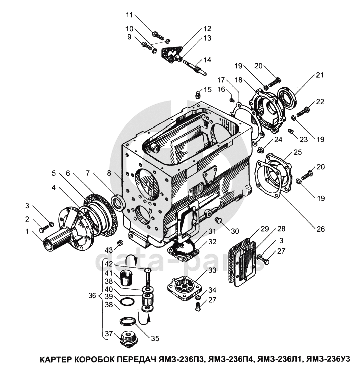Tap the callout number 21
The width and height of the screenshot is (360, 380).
pyautogui.click(x=319, y=75)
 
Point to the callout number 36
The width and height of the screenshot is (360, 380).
pyautogui.click(x=92, y=296)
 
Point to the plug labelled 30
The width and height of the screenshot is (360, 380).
pyautogui.click(x=218, y=221)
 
